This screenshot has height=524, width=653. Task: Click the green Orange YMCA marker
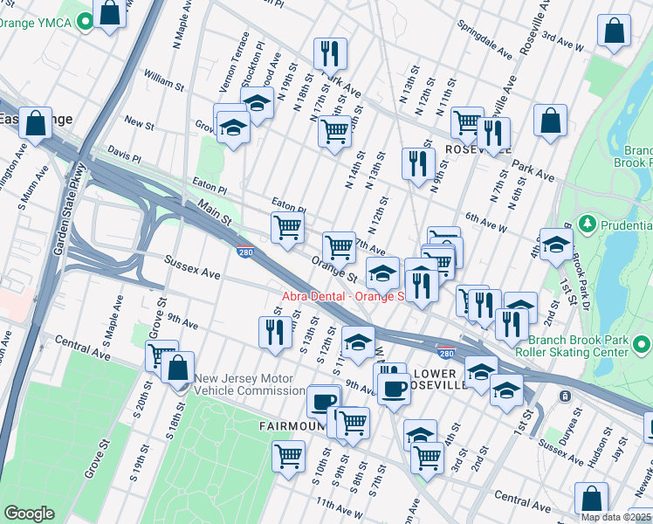pyautogui.click(x=85, y=22)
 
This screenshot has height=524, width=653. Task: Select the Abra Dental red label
pyautogui.click(x=342, y=296)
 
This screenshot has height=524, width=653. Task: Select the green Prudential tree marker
pyautogui.click(x=587, y=224)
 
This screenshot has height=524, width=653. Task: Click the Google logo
pyautogui.click(x=28, y=513)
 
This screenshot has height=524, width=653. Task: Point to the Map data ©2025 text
pyautogui.click(x=615, y=517)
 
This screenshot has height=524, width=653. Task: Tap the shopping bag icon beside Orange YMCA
pyautogui.click(x=111, y=15)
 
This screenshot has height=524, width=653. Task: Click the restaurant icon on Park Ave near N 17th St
pyautogui.click(x=330, y=54)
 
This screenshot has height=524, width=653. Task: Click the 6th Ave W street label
pyautogui.click(x=486, y=222)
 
